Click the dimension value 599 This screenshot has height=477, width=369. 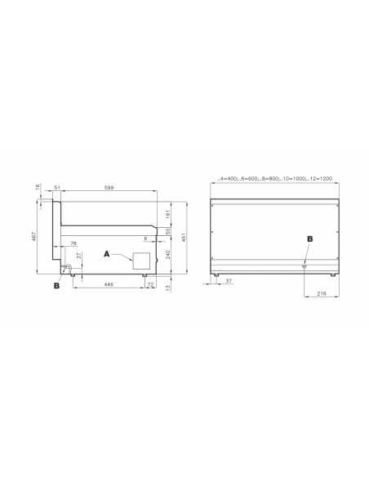click(x=109, y=189)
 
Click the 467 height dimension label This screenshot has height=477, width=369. click(x=34, y=237)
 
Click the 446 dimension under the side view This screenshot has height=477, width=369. click(x=109, y=284)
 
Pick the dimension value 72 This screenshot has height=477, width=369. click(x=150, y=284)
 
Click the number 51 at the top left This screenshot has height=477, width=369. click(x=58, y=189)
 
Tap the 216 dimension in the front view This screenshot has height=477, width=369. click(x=321, y=292)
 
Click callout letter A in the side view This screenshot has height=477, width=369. click(x=107, y=254)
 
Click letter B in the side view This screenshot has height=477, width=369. click(x=56, y=285)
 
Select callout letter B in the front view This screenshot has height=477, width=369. click(x=309, y=239)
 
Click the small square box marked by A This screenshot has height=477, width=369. click(x=141, y=261)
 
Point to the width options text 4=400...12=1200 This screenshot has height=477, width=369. click(x=274, y=178)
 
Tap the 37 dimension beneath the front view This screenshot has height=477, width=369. click(x=228, y=280)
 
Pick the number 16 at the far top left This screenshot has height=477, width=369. click(x=39, y=187)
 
